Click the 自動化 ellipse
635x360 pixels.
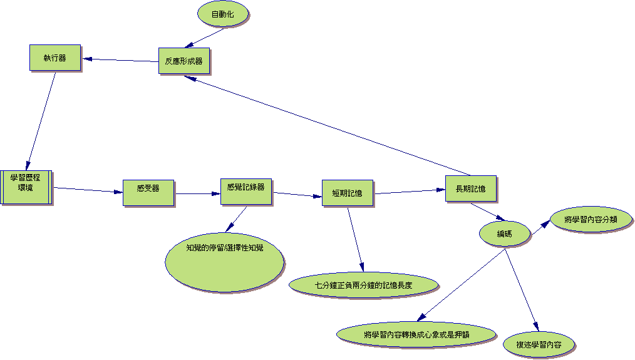coord(223,14)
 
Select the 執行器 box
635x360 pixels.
coord(55,58)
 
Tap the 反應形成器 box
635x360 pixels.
coord(183,61)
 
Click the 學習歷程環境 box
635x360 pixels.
coord(26,187)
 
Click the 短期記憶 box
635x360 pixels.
coord(348,193)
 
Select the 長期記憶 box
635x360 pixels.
coord(471,188)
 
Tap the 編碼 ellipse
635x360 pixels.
coord(505,234)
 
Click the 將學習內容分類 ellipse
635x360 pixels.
coord(591,220)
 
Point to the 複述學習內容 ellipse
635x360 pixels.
coord(539,345)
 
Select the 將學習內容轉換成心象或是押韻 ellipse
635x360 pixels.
coord(416,334)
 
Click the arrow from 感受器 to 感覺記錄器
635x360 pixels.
coord(197,193)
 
